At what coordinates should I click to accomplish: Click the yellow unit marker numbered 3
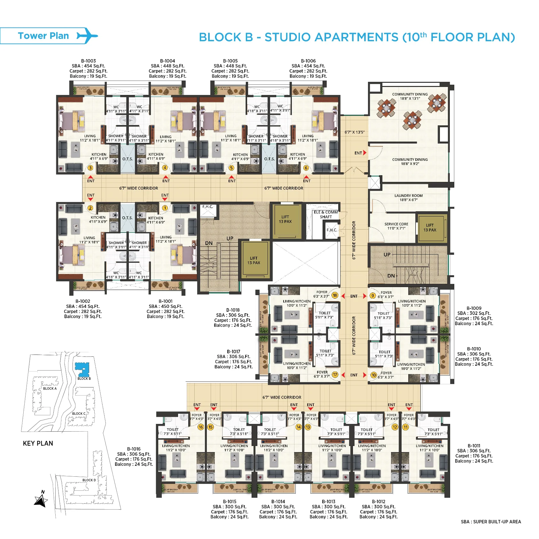pyautogui.click(x=90, y=168)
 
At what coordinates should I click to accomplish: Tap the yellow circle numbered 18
pyautogui.click(x=335, y=295)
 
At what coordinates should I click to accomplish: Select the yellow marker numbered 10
pyautogui.click(x=373, y=375)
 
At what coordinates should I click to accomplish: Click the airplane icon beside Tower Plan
pyautogui.click(x=87, y=35)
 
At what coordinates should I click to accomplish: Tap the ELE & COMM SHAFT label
pyautogui.click(x=326, y=214)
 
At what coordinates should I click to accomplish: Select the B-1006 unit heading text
pyautogui.click(x=308, y=61)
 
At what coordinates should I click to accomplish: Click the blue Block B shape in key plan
pyautogui.click(x=82, y=370)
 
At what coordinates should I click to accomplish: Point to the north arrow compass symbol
pyautogui.click(x=41, y=500)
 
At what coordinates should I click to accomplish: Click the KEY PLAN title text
pyautogui.click(x=38, y=443)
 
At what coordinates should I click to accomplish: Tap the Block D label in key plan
pyautogui.click(x=89, y=480)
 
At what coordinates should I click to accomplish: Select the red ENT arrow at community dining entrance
pyautogui.click(x=364, y=153)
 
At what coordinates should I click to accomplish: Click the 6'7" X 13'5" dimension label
pyautogui.click(x=354, y=132)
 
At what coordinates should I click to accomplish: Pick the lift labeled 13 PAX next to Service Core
pyautogui.click(x=430, y=228)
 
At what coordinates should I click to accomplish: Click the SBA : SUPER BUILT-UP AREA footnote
pyautogui.click(x=490, y=521)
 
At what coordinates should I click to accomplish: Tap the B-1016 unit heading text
pyautogui.click(x=134, y=449)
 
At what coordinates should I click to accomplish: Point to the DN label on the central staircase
pyautogui.click(x=209, y=243)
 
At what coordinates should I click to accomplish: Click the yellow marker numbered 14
pyautogui.click(x=298, y=427)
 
